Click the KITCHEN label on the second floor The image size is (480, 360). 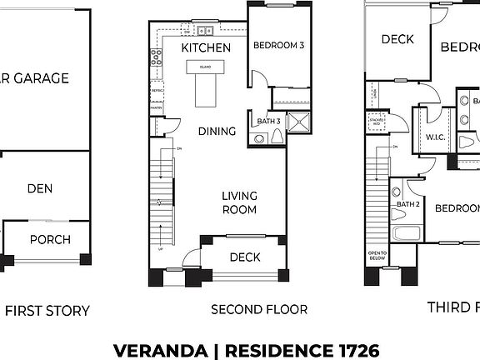coord(200,48)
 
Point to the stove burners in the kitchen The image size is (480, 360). coord(156,57)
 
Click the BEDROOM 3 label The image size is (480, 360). coord(278,45)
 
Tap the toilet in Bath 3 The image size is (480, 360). coord(259,137)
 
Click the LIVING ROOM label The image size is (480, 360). coord(239,202)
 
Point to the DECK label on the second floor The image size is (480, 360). coord(246,257)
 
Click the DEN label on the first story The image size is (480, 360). coord(39,188)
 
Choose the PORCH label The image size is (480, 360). coord(50,239)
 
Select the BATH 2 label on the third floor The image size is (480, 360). coord(407,204)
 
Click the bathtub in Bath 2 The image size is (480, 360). coord(408,233)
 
